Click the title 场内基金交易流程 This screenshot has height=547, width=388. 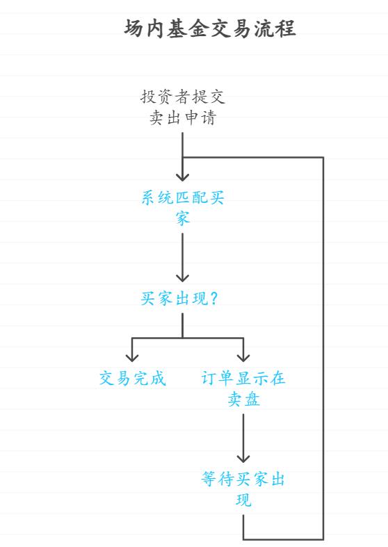tap(210, 28)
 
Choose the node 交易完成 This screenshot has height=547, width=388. tap(132, 379)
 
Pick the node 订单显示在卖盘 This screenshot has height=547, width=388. tap(243, 389)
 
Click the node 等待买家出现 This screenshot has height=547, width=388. tap(243, 489)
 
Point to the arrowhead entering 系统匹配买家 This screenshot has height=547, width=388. tap(183, 176)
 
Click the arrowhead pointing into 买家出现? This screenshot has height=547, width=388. tap(183, 276)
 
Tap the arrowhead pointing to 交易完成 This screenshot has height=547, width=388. tap(132, 357)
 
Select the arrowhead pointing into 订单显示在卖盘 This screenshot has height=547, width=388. tap(243, 357)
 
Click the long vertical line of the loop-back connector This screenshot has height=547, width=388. tap(323, 348)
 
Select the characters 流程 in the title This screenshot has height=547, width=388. tap(278, 28)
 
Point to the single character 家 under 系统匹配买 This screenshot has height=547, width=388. tap(183, 218)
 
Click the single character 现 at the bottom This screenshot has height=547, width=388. tap(243, 500)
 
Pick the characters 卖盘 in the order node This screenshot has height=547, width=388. tap(243, 399)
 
